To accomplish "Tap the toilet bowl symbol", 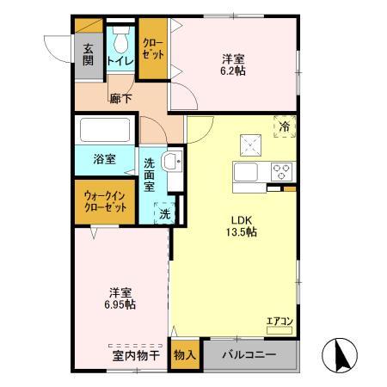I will (x=120, y=40).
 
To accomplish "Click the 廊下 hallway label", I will (x=120, y=99).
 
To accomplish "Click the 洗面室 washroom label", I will (x=149, y=175).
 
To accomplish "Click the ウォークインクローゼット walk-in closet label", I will (x=105, y=200).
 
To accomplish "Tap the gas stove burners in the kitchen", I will (x=280, y=170).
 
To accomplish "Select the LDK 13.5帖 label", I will (x=241, y=224).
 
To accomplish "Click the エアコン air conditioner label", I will (x=279, y=322).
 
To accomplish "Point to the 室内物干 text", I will (x=131, y=353).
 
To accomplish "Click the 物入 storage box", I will (x=184, y=354).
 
